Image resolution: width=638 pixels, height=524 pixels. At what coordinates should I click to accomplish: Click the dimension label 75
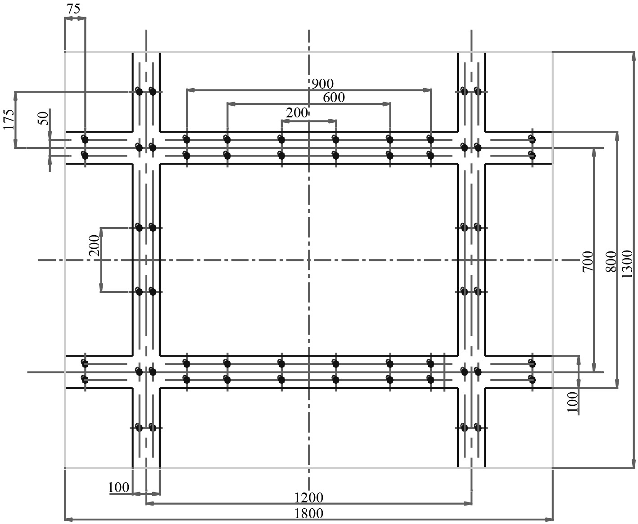[x=73, y=9]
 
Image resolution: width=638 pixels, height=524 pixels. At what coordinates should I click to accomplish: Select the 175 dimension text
[x=9, y=119]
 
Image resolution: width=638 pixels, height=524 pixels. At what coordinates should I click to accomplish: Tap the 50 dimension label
[x=43, y=118]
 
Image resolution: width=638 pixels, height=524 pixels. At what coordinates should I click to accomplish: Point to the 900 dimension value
[x=322, y=84]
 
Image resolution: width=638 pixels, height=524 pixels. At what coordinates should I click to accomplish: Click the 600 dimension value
[x=334, y=97]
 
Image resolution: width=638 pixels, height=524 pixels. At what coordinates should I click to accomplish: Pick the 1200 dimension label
[x=308, y=497]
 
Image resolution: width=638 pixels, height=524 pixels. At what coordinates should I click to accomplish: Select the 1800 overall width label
[x=308, y=513]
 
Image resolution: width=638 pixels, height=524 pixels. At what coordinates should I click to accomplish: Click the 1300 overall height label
[x=627, y=264]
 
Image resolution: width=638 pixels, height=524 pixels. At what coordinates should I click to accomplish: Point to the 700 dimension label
[x=588, y=261]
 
